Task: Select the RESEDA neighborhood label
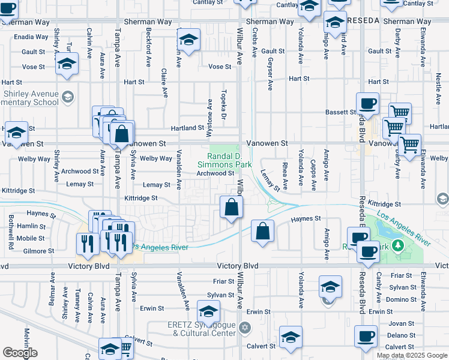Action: [363, 20]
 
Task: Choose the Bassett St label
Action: [341, 112]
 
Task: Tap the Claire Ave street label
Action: [164, 82]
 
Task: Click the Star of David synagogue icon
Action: [244, 328]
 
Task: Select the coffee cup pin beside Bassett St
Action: [368, 103]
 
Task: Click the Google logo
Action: [20, 353]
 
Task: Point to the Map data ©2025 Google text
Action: [411, 355]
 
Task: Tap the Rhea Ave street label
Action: [285, 172]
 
